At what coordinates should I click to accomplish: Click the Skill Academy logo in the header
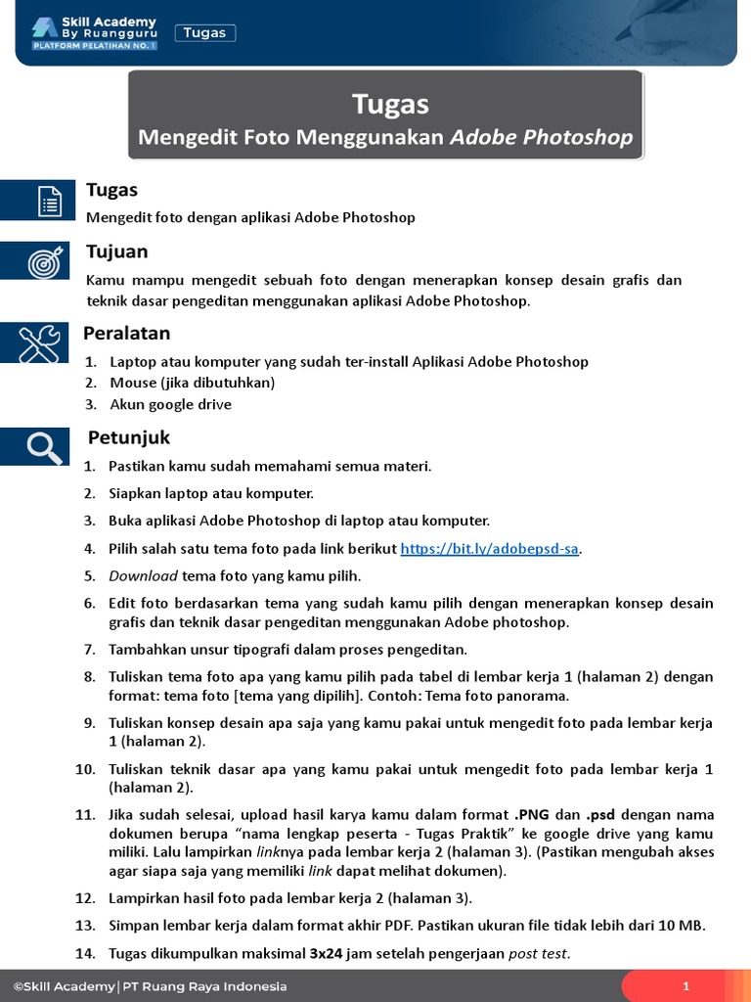tap(94, 32)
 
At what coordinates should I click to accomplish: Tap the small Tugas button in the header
tap(205, 33)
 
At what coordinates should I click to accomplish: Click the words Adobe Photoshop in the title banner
tap(541, 137)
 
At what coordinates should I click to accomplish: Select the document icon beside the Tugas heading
tap(48, 201)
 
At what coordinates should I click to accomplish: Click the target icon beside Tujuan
tap(46, 261)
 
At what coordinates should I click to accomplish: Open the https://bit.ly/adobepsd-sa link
tap(490, 549)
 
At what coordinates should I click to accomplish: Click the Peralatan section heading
tap(128, 334)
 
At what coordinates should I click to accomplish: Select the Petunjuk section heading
tap(129, 436)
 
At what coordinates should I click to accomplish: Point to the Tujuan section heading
tap(116, 251)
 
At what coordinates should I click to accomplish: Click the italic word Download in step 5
tap(143, 575)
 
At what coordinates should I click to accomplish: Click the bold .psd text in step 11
tap(600, 814)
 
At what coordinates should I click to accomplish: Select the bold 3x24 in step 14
tap(326, 953)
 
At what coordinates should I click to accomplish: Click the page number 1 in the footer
tap(686, 986)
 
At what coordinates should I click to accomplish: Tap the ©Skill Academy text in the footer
tap(63, 986)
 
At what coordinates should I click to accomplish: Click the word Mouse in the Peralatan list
tap(132, 383)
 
